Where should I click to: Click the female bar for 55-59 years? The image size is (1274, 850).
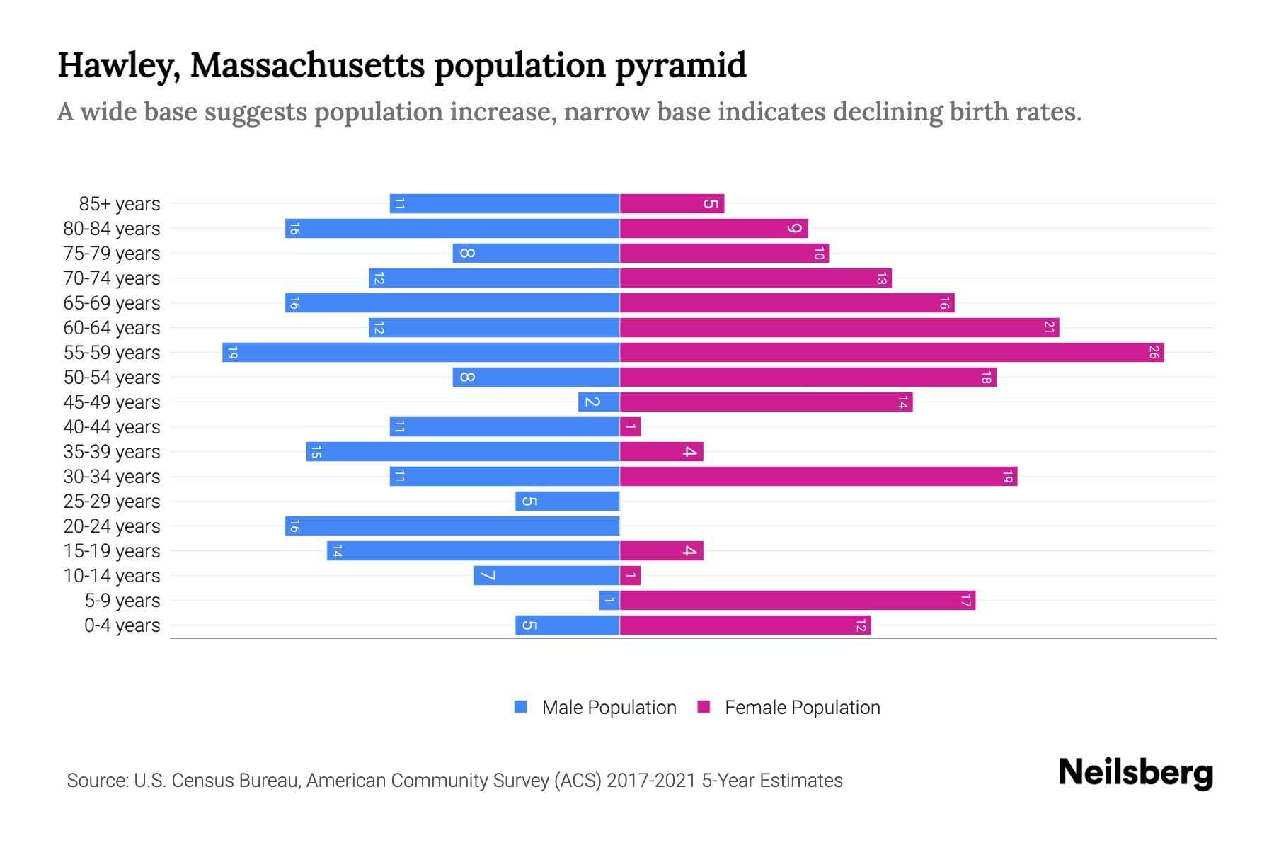(892, 353)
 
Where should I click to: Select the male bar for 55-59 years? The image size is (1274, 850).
(421, 353)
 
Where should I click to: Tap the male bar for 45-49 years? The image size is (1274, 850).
(599, 402)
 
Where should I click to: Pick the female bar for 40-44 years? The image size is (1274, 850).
(630, 427)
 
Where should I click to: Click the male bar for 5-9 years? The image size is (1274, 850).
(609, 601)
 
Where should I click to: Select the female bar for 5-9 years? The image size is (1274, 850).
(798, 601)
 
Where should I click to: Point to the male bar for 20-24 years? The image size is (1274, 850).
(452, 526)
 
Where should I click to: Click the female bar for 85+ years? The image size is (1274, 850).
(672, 204)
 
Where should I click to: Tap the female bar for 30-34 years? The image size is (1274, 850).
(818, 477)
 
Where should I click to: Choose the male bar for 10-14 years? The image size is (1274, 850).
(546, 576)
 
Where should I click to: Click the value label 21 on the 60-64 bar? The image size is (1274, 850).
(1049, 328)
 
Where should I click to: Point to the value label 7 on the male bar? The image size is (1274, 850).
(487, 576)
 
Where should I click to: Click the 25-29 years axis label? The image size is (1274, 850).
(112, 501)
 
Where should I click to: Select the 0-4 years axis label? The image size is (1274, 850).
(122, 625)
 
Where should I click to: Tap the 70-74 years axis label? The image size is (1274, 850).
(112, 278)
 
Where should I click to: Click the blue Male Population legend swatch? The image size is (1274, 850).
(521, 707)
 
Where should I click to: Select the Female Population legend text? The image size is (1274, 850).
(802, 707)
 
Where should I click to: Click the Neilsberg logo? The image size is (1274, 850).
(1135, 773)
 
